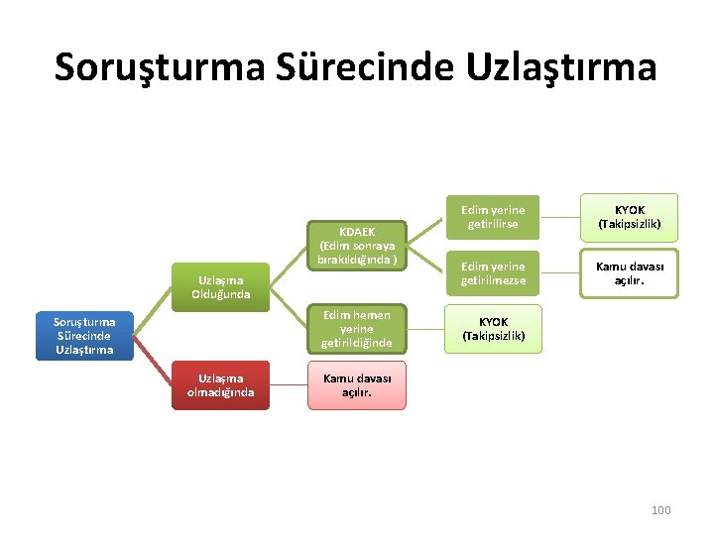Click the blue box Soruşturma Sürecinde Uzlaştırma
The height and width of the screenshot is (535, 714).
point(83,335)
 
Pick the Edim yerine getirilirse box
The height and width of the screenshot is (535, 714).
point(493,217)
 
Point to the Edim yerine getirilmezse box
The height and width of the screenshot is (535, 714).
point(493,273)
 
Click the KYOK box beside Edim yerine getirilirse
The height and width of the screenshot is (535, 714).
point(630,217)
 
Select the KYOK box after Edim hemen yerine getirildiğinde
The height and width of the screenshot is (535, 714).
point(493,329)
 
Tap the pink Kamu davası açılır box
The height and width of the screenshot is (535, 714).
point(357,385)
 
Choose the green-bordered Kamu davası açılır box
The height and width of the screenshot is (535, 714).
point(630,273)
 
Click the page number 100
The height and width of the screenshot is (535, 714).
point(660,509)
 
